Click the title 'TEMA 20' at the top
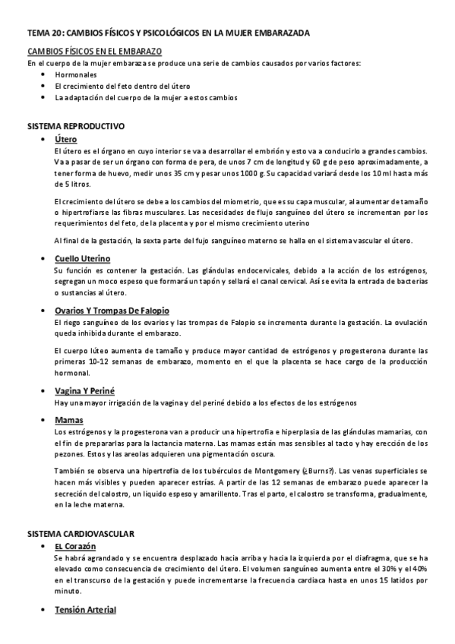pos(45,33)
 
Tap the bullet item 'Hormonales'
pos(76,75)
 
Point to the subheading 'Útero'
pos(65,139)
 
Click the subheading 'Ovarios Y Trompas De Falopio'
pos(112,310)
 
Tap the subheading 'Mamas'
pos(68,420)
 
